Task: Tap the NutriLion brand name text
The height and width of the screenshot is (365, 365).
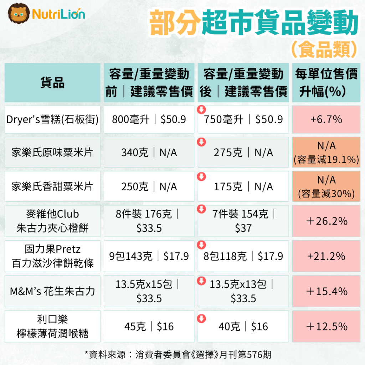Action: click(58, 14)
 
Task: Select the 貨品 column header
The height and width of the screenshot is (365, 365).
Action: click(52, 83)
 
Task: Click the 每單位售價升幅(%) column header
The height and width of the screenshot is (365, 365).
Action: click(326, 83)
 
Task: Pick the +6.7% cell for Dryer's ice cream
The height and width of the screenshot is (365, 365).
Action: click(326, 119)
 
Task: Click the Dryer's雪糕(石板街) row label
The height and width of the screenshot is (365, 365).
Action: click(52, 119)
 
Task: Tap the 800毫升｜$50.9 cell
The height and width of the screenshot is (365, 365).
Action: click(149, 119)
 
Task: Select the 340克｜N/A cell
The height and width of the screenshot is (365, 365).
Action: click(149, 153)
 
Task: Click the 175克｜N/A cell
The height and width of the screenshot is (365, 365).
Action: click(243, 186)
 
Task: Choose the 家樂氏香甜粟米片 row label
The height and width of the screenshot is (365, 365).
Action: click(52, 186)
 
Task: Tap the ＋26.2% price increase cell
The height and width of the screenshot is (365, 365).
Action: click(326, 221)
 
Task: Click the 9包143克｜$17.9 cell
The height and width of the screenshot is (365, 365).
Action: click(149, 256)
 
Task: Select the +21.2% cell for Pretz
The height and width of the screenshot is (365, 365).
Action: click(326, 256)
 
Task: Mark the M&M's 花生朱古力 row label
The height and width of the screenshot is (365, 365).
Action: click(52, 291)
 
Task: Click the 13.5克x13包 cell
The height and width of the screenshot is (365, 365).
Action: click(243, 291)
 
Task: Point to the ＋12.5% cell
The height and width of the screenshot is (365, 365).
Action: click(326, 326)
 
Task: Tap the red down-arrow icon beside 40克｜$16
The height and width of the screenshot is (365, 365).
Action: click(202, 318)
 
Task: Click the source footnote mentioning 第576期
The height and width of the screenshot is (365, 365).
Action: click(178, 354)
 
